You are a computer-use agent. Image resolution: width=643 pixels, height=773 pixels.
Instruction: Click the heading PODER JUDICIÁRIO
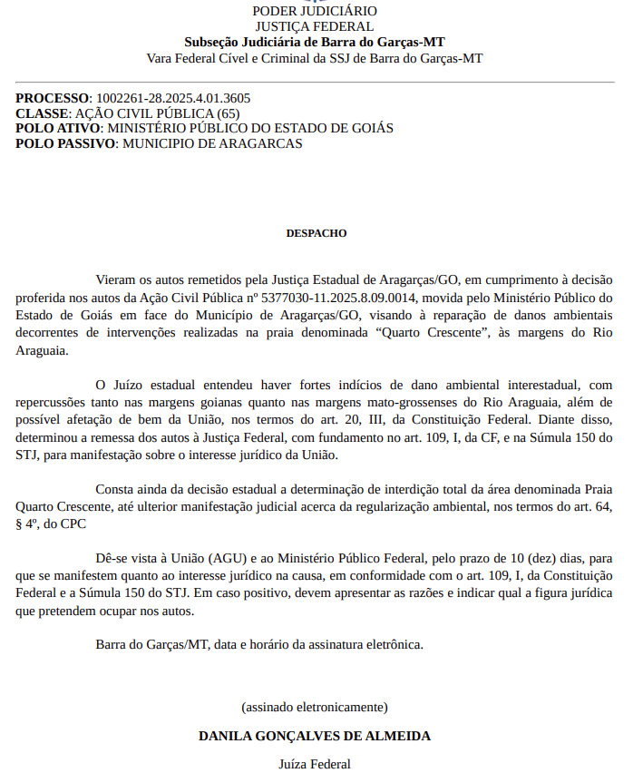[x=314, y=11]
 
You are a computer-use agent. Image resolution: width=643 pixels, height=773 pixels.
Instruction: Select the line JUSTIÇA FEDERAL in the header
[x=314, y=26]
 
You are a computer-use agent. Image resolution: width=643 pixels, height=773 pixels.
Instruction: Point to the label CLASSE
[x=42, y=113]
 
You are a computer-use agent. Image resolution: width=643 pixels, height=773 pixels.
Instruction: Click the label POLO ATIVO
[x=57, y=129]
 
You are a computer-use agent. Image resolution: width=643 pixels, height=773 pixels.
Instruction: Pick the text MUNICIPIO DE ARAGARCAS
[x=212, y=143]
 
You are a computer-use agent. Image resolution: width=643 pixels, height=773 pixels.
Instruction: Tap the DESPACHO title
[x=317, y=233]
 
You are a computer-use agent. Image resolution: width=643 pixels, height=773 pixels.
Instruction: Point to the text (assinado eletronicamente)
[x=315, y=706]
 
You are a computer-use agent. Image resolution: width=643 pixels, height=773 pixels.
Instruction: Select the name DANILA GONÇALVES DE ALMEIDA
[x=315, y=736]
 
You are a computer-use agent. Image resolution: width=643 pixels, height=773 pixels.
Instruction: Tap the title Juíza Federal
[x=315, y=764]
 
